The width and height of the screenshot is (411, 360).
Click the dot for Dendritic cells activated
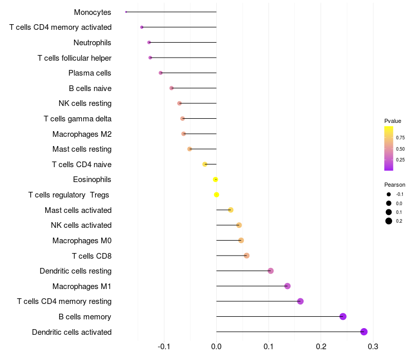(364, 332)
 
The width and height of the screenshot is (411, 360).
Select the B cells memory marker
(343, 316)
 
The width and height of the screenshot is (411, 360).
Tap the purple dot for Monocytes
(126, 12)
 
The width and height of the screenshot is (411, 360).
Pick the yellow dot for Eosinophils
(216, 179)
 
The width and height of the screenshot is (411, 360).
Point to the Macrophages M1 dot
(287, 286)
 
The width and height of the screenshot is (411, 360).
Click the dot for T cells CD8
(247, 256)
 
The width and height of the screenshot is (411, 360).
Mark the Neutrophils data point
(149, 42)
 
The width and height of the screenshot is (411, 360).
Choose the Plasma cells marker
(161, 73)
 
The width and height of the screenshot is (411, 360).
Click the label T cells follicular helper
(74, 58)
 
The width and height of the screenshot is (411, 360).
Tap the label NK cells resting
(85, 103)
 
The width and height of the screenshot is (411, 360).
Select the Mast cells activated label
(78, 210)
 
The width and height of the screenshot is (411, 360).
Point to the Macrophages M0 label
(82, 240)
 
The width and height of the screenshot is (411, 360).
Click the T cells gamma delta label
(78, 119)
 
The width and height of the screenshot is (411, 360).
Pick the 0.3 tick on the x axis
(373, 346)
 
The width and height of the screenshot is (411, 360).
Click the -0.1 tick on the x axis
(164, 346)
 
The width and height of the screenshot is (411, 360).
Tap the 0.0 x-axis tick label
(216, 346)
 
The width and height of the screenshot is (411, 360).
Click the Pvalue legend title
(393, 121)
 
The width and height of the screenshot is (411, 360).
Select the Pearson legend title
(395, 185)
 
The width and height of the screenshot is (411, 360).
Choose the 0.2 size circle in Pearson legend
(389, 221)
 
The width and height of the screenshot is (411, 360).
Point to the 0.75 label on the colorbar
(400, 138)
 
